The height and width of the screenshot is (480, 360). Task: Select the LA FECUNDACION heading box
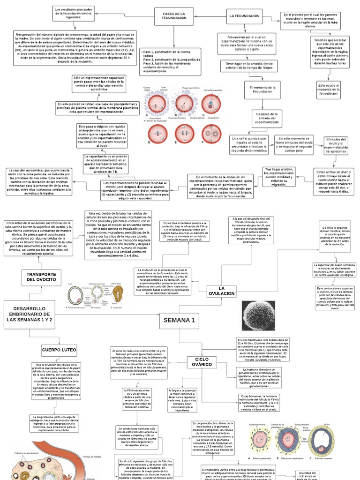click(244, 16)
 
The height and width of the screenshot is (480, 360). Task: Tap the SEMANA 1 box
click(179, 320)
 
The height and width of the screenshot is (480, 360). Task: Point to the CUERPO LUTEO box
click(59, 350)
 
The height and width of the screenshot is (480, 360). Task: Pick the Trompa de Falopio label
click(92, 457)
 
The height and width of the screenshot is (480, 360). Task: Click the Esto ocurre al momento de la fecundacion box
click(329, 89)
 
